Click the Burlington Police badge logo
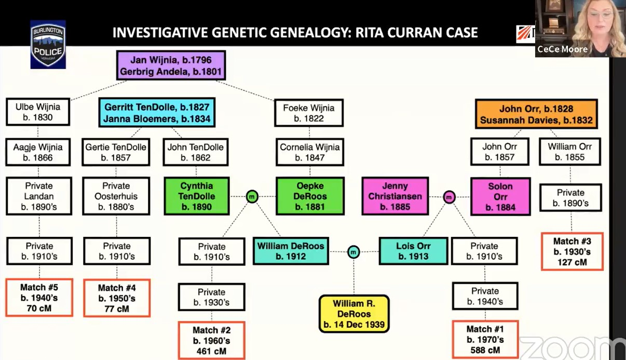(x=48, y=44)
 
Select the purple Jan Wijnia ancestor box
(x=171, y=65)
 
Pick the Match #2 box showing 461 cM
(x=211, y=340)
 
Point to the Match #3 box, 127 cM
(x=572, y=251)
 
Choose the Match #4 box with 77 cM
(x=116, y=298)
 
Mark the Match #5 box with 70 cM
(x=39, y=297)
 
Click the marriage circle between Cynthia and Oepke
(x=252, y=197)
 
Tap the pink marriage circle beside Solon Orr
(x=450, y=197)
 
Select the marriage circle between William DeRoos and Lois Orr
(x=353, y=252)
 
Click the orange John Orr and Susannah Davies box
(x=536, y=114)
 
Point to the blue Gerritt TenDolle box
(x=157, y=113)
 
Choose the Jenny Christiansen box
(x=395, y=196)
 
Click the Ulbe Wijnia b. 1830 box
(x=38, y=112)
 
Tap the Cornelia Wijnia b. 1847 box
(x=309, y=152)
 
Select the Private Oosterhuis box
(x=116, y=196)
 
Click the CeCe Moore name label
(x=563, y=49)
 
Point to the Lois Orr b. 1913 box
(x=413, y=251)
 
